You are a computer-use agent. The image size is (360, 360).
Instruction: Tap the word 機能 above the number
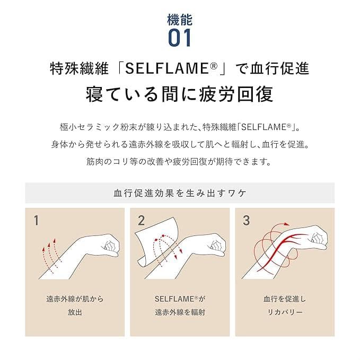coord(180,20)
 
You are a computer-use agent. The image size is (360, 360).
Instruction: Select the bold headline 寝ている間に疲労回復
coord(180,94)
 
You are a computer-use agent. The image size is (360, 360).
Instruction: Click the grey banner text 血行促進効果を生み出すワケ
coord(180,192)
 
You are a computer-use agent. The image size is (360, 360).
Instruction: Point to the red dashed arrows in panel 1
coord(49,256)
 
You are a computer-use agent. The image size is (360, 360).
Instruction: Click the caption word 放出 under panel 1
coord(75,312)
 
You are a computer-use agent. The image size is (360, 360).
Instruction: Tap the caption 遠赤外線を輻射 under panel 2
coord(180,312)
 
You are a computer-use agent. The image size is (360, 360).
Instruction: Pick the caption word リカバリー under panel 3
coord(285,312)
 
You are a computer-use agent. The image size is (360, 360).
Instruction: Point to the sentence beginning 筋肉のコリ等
coord(180,161)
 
